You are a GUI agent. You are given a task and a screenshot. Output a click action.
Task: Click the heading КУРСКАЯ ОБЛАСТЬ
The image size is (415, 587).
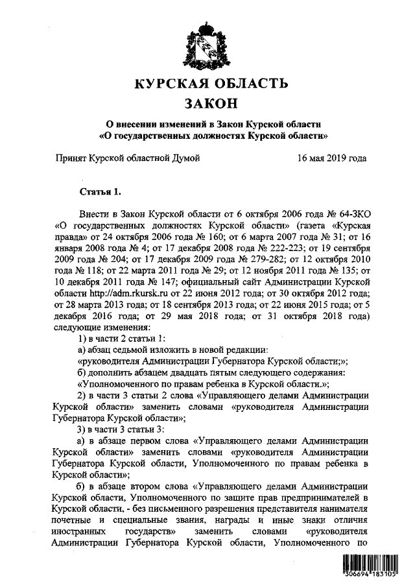click(x=208, y=84)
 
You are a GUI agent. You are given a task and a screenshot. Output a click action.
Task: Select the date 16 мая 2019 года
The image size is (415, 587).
click(x=332, y=158)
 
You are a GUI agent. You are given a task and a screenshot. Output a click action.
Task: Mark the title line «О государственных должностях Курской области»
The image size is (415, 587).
click(x=208, y=137)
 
